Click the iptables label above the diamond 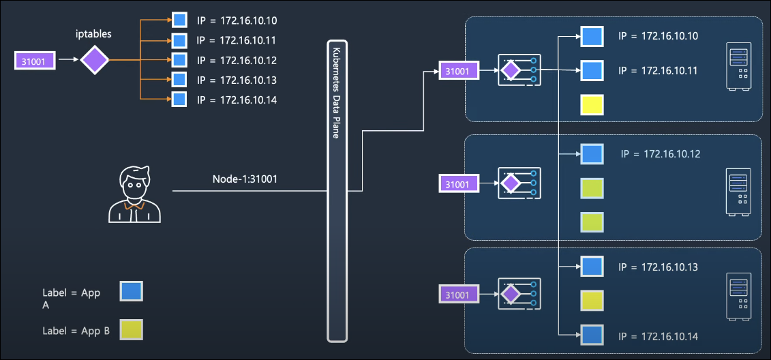94,32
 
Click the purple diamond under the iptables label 95,61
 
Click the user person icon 135,194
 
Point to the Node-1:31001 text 245,179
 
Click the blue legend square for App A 131,292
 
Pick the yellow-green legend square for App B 131,329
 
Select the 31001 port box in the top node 457,70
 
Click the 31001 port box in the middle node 457,183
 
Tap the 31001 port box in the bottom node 457,295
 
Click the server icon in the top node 739,67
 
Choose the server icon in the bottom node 739,296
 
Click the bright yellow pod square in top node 591,105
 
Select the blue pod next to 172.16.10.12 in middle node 591,154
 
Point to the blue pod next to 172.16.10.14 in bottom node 591,335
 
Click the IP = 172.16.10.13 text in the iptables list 237,80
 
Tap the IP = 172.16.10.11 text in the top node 659,70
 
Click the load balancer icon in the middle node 519,183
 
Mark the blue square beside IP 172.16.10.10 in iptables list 179,20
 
